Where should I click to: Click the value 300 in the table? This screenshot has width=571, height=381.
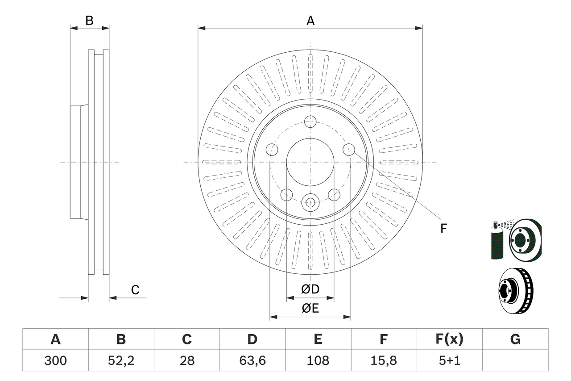point(55,360)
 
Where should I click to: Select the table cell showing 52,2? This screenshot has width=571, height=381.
point(121,360)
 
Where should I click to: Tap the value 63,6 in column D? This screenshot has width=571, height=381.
point(252,360)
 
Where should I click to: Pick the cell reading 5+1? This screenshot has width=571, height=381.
point(449,360)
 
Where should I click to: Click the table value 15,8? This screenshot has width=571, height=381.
point(384,360)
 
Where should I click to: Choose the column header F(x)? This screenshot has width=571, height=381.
point(449,339)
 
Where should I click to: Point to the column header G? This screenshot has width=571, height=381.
point(515,339)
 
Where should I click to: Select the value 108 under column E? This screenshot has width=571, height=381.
point(318,360)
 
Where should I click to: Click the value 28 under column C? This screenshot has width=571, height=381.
point(186,360)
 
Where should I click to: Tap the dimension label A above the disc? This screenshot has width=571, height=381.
point(310,21)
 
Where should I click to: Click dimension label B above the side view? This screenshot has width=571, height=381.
point(90,21)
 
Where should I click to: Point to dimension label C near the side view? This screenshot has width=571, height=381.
point(135,290)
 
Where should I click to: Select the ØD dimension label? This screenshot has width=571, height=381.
point(310,289)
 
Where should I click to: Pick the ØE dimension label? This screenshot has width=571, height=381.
point(310,309)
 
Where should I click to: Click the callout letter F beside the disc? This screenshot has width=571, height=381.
point(443,229)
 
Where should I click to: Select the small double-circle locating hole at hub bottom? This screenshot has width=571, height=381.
point(310,202)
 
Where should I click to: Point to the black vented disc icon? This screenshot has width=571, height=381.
point(515,290)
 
